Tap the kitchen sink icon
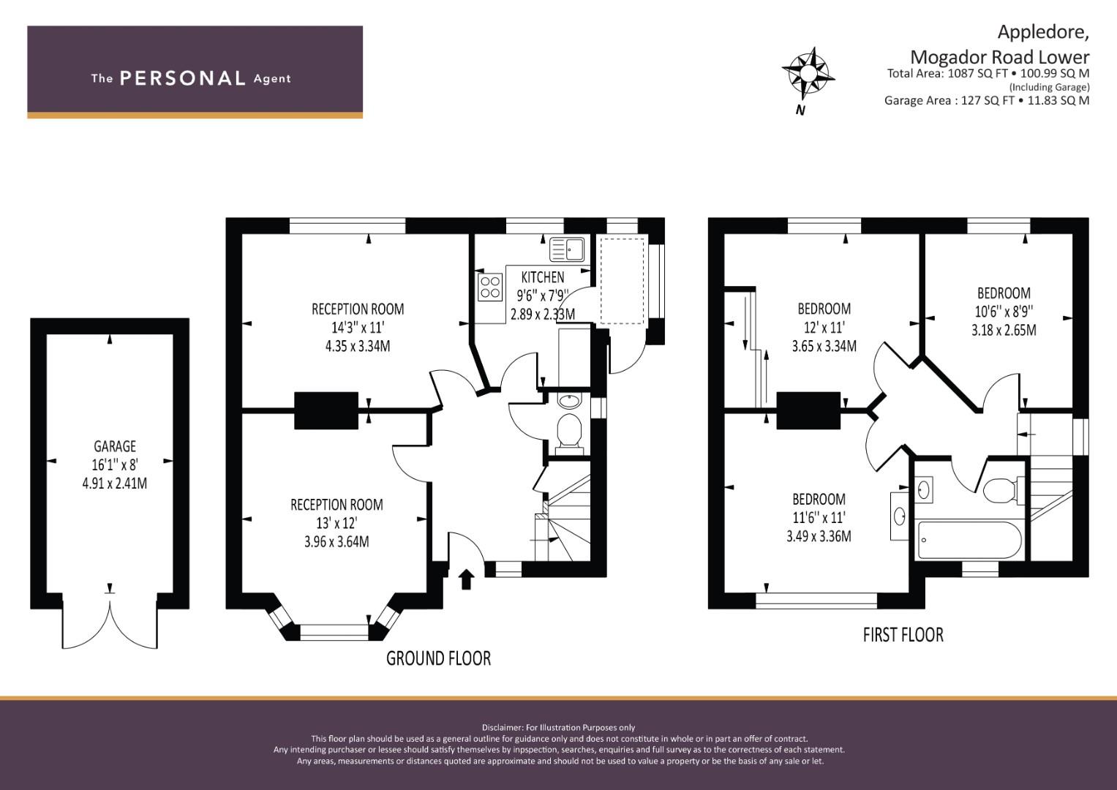pyautogui.click(x=567, y=249)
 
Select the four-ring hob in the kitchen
pyautogui.click(x=489, y=287)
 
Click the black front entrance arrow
pyautogui.click(x=466, y=579)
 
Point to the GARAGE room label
pyautogui.click(x=115, y=446)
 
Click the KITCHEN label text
pyautogui.click(x=542, y=277)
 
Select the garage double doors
pyautogui.click(x=110, y=623)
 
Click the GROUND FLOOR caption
pyautogui.click(x=438, y=658)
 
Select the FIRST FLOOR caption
pyautogui.click(x=903, y=635)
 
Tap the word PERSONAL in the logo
pyautogui.click(x=182, y=78)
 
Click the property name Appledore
pyautogui.click(x=1043, y=32)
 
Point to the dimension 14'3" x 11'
pyautogui.click(x=357, y=328)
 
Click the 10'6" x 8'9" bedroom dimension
pyautogui.click(x=1003, y=312)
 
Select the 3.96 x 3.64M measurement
pyautogui.click(x=336, y=542)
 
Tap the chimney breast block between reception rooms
pyautogui.click(x=326, y=410)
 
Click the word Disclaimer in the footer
pyautogui.click(x=502, y=727)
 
